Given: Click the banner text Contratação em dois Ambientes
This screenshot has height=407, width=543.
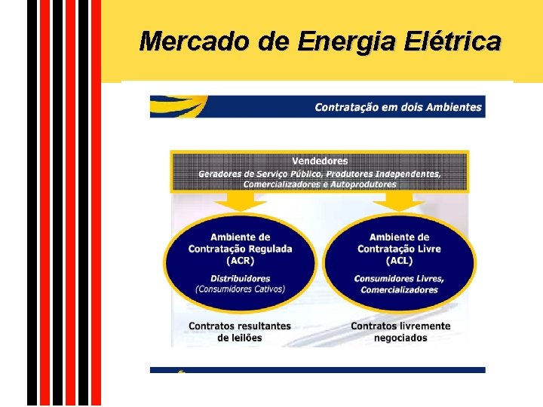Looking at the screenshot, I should (x=397, y=107).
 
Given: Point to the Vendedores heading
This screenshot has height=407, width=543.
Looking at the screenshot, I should (x=320, y=161).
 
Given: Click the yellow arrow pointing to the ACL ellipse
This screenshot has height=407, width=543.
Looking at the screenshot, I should (x=399, y=200).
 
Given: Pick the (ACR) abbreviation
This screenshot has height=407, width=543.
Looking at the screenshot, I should (x=240, y=260).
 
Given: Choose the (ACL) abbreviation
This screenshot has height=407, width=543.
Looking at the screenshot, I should (x=399, y=260).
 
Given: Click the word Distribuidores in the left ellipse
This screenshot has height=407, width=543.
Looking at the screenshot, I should (x=240, y=278).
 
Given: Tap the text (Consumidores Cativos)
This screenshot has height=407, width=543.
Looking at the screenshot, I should (x=240, y=289).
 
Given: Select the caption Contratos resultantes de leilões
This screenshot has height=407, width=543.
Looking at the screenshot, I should (x=239, y=332).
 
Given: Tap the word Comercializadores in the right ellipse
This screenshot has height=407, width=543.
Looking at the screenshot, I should (x=399, y=290).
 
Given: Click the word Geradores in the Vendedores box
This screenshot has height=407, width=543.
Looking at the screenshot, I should (x=220, y=173).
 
